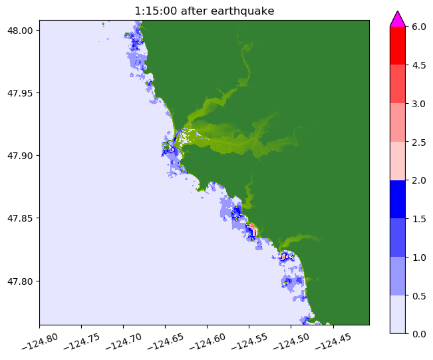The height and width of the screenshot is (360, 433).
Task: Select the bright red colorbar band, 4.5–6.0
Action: (x=398, y=45)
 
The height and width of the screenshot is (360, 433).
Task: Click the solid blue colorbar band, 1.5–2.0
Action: (x=398, y=199)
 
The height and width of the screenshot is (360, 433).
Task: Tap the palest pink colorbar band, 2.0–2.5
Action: (x=398, y=160)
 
